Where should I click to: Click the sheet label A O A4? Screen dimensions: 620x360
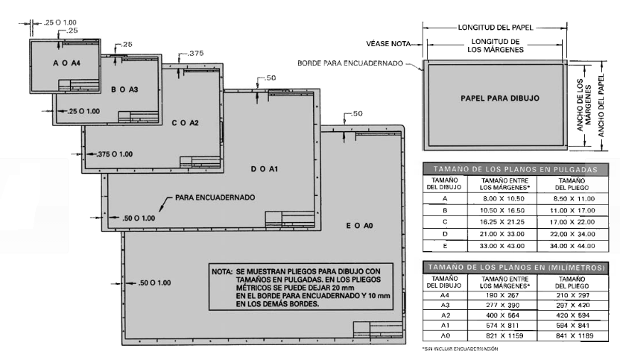coord(66,63)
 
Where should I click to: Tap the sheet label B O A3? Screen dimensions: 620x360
coord(124,89)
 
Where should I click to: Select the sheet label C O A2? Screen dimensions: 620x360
coord(185,123)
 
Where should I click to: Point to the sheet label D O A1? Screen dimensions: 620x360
coord(264,169)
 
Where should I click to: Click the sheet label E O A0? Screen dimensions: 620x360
coord(359,226)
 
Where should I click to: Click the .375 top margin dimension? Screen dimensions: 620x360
coord(196,53)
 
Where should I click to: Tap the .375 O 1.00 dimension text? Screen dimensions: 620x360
coord(115,154)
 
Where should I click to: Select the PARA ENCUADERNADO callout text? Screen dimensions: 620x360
coord(215,198)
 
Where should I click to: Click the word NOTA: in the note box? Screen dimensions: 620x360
coord(222,272)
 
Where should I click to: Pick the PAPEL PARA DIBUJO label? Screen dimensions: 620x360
coord(500,98)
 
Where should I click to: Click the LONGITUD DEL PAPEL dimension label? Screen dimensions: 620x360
coord(496,28)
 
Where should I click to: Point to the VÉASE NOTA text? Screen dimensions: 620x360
coord(388,43)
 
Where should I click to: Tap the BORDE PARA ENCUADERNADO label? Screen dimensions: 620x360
coord(350,63)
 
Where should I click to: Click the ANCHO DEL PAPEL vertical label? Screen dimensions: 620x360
coord(601,105)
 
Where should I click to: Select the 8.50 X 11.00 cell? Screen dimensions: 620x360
coord(572,198)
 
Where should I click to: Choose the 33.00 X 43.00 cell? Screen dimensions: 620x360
coord(502,246)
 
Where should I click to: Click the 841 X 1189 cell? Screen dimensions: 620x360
coord(572,335)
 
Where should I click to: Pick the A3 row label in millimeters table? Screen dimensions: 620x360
coord(445,305)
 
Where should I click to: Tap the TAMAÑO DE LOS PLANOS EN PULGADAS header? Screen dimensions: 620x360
coord(515,169)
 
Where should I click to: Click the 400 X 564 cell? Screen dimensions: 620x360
coord(502,315)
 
